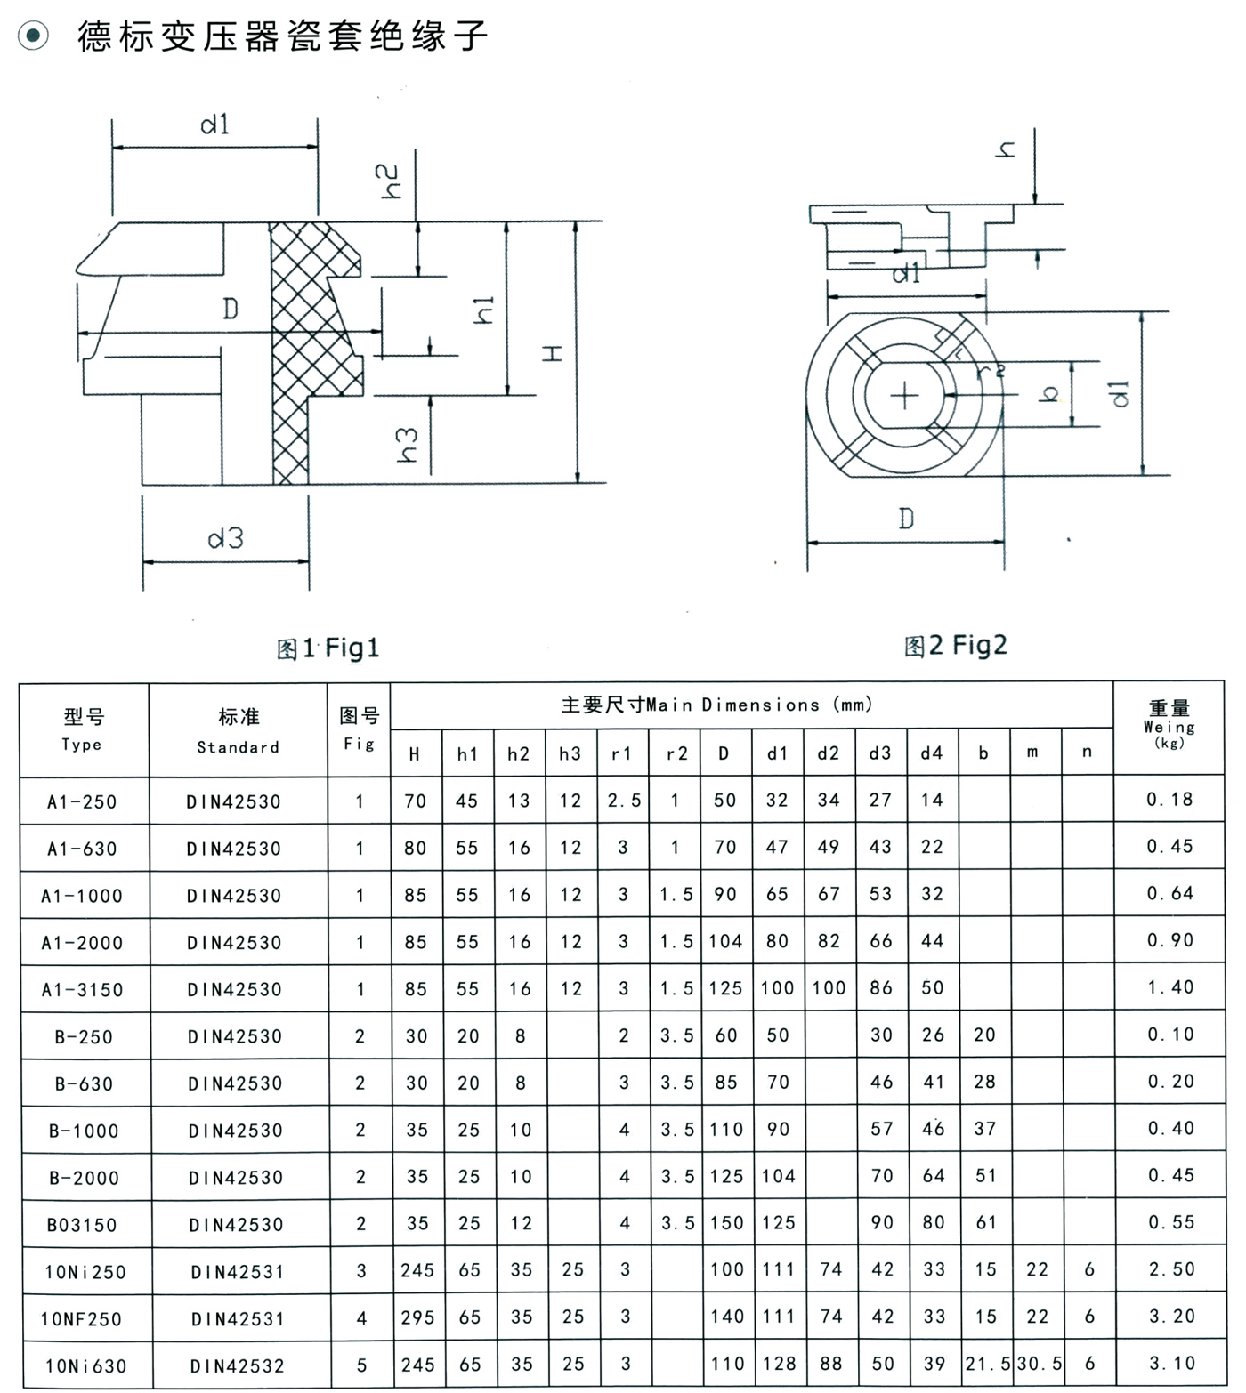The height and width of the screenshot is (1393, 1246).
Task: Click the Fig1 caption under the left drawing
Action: (x=328, y=648)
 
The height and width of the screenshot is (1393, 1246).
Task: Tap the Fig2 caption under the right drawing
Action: (x=955, y=645)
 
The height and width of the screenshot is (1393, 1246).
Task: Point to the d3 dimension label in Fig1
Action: (x=225, y=538)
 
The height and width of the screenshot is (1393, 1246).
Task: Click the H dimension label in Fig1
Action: (x=554, y=354)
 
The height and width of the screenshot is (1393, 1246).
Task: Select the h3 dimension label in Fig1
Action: (x=407, y=445)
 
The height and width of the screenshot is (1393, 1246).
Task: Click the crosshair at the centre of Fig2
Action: (x=904, y=395)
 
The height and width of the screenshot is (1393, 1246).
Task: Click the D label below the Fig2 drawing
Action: (x=906, y=518)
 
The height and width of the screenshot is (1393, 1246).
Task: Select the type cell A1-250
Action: (x=82, y=801)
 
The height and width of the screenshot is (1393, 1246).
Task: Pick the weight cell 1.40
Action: (x=1170, y=987)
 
